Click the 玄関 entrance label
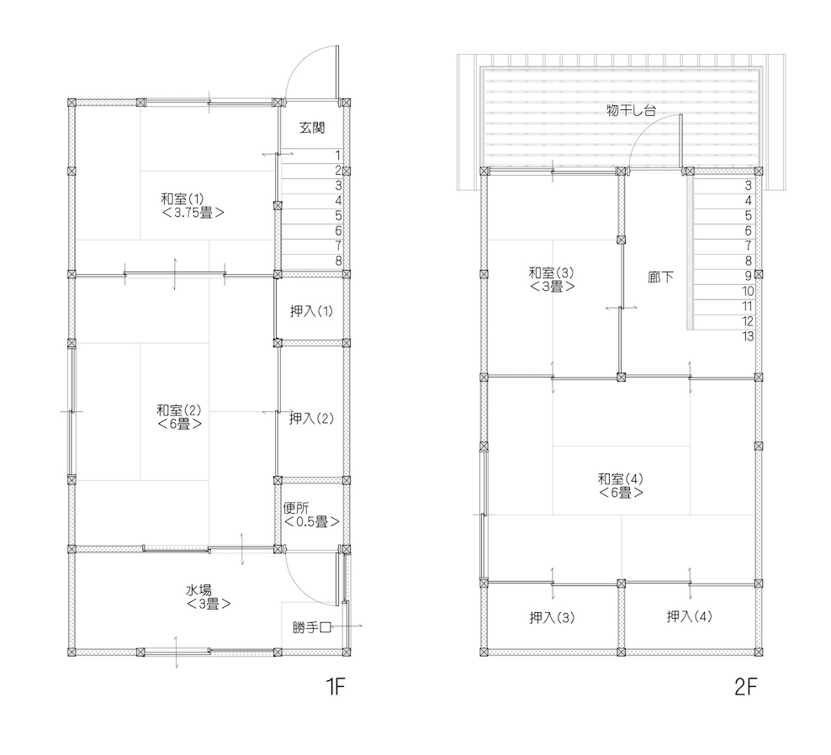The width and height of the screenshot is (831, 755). pyautogui.click(x=312, y=128)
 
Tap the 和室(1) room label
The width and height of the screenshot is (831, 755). pyautogui.click(x=183, y=199)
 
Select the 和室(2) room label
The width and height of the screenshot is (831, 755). pyautogui.click(x=179, y=410)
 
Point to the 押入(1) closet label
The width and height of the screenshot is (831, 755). pyautogui.click(x=311, y=311)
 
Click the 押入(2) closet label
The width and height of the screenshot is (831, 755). pyautogui.click(x=311, y=419)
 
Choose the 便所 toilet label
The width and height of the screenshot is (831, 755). pyautogui.click(x=296, y=508)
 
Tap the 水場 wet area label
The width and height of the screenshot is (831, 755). pyautogui.click(x=198, y=590)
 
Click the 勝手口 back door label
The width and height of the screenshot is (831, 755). pyautogui.click(x=311, y=628)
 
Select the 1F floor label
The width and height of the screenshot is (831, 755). pyautogui.click(x=336, y=687)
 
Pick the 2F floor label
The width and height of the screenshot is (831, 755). pyautogui.click(x=746, y=687)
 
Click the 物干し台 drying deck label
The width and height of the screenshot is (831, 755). pyautogui.click(x=631, y=110)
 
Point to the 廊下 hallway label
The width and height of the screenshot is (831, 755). pyautogui.click(x=661, y=277)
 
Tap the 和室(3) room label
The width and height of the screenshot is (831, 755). pyautogui.click(x=551, y=273)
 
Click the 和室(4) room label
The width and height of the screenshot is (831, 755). pyautogui.click(x=621, y=479)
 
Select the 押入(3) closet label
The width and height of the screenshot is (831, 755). pyautogui.click(x=552, y=618)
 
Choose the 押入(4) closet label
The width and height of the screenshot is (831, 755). pyautogui.click(x=690, y=617)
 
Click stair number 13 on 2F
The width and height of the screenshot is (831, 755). pyautogui.click(x=748, y=336)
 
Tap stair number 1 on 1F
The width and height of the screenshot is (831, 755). pyautogui.click(x=338, y=156)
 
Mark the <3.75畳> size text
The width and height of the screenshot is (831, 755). pyautogui.click(x=193, y=213)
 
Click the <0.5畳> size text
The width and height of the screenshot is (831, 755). pyautogui.click(x=311, y=522)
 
